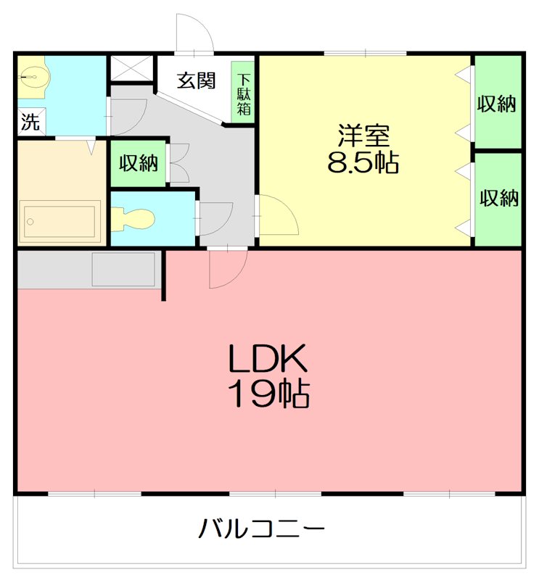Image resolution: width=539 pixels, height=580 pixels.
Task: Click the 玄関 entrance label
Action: pyautogui.click(x=196, y=80)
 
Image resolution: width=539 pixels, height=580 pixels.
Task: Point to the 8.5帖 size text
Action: pyautogui.click(x=363, y=163)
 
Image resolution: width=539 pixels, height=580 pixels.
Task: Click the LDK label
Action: pyautogui.click(x=269, y=358)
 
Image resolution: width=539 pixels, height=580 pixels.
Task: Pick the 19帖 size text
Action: pyautogui.click(x=269, y=394)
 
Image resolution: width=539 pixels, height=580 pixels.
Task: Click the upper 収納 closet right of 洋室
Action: pyautogui.click(x=497, y=104)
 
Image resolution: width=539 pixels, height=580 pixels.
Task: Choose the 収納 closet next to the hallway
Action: pyautogui.click(x=139, y=163)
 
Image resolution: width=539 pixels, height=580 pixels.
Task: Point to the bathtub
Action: pyautogui.click(x=60, y=220)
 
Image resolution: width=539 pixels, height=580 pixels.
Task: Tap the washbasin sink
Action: pyautogui.click(x=32, y=76)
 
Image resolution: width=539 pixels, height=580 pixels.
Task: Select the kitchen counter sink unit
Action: pyautogui.click(x=123, y=269)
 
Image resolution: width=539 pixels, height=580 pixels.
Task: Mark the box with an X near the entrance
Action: pyautogui.click(x=131, y=69)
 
